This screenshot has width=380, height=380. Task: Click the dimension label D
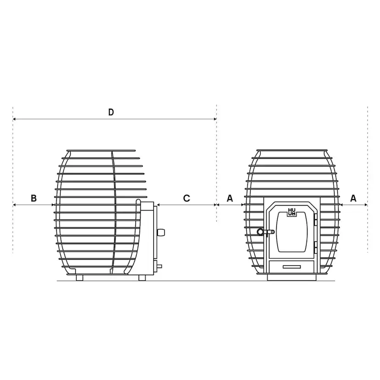[111, 112]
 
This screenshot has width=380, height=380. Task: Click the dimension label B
[34, 198]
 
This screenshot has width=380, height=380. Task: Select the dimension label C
[186, 198]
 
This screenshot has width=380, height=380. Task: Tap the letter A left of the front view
[230, 198]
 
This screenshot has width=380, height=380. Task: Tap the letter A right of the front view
[353, 198]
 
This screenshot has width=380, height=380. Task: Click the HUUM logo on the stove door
[292, 212]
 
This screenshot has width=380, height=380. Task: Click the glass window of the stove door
[292, 232]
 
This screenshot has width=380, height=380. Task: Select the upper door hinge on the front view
[315, 219]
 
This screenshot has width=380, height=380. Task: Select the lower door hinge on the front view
[315, 247]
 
